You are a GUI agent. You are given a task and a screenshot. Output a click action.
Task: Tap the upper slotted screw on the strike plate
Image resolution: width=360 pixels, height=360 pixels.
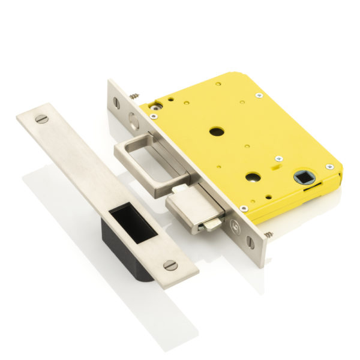click(x=41, y=119)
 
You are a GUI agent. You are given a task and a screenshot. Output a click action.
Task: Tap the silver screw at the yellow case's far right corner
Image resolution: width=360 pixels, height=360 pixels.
click(x=329, y=166)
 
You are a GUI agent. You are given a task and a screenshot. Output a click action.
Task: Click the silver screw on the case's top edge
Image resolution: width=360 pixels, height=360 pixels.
click(x=259, y=95)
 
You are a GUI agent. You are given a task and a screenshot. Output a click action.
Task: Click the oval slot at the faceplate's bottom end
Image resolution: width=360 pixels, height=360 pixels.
click(x=250, y=242)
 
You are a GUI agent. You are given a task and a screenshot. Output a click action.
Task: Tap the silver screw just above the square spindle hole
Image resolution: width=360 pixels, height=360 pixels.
click(x=278, y=158)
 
